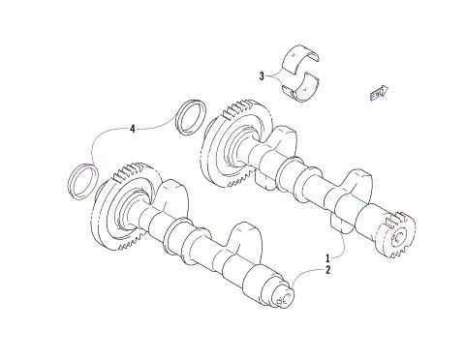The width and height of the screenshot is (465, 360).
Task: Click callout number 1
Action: click(327, 258)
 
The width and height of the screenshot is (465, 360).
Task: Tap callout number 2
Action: click(327, 270)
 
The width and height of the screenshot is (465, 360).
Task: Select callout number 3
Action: click(262, 75)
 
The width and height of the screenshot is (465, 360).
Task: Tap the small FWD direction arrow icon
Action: click(380, 92)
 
